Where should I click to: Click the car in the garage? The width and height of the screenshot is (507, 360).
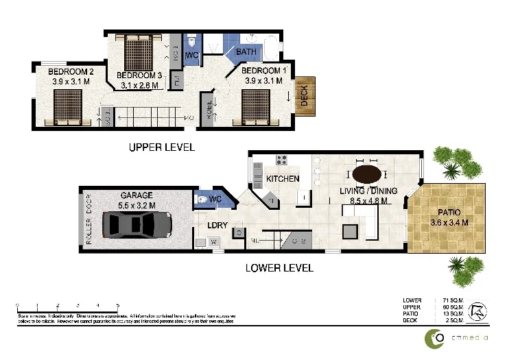(x=137, y=223)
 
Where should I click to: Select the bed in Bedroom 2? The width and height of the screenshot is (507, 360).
(x=67, y=108)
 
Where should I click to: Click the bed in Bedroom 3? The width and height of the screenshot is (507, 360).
(x=139, y=51)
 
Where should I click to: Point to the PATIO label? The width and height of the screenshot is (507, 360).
(x=444, y=212)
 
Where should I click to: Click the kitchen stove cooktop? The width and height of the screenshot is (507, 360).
(x=281, y=160)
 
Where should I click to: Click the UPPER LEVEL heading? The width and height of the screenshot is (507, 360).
(x=162, y=147)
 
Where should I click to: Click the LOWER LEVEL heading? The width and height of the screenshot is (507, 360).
(x=279, y=267)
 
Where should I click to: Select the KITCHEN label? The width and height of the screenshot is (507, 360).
(x=283, y=179)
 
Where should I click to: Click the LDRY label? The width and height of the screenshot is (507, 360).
(x=217, y=224)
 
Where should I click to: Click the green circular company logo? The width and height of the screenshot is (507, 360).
(x=435, y=338)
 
